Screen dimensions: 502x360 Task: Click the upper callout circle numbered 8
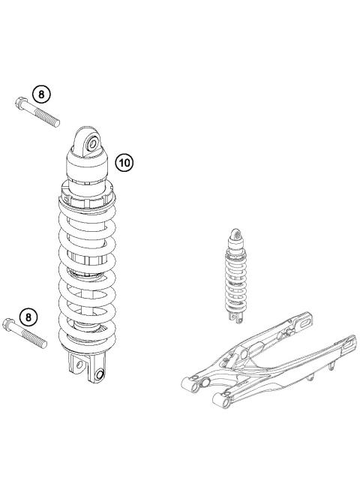pyautogui.click(x=42, y=95)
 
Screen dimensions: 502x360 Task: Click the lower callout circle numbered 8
pyautogui.click(x=28, y=317)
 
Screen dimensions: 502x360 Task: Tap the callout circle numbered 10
pyautogui.click(x=124, y=161)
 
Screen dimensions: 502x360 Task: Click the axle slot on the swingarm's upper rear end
pyautogui.click(x=306, y=323)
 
